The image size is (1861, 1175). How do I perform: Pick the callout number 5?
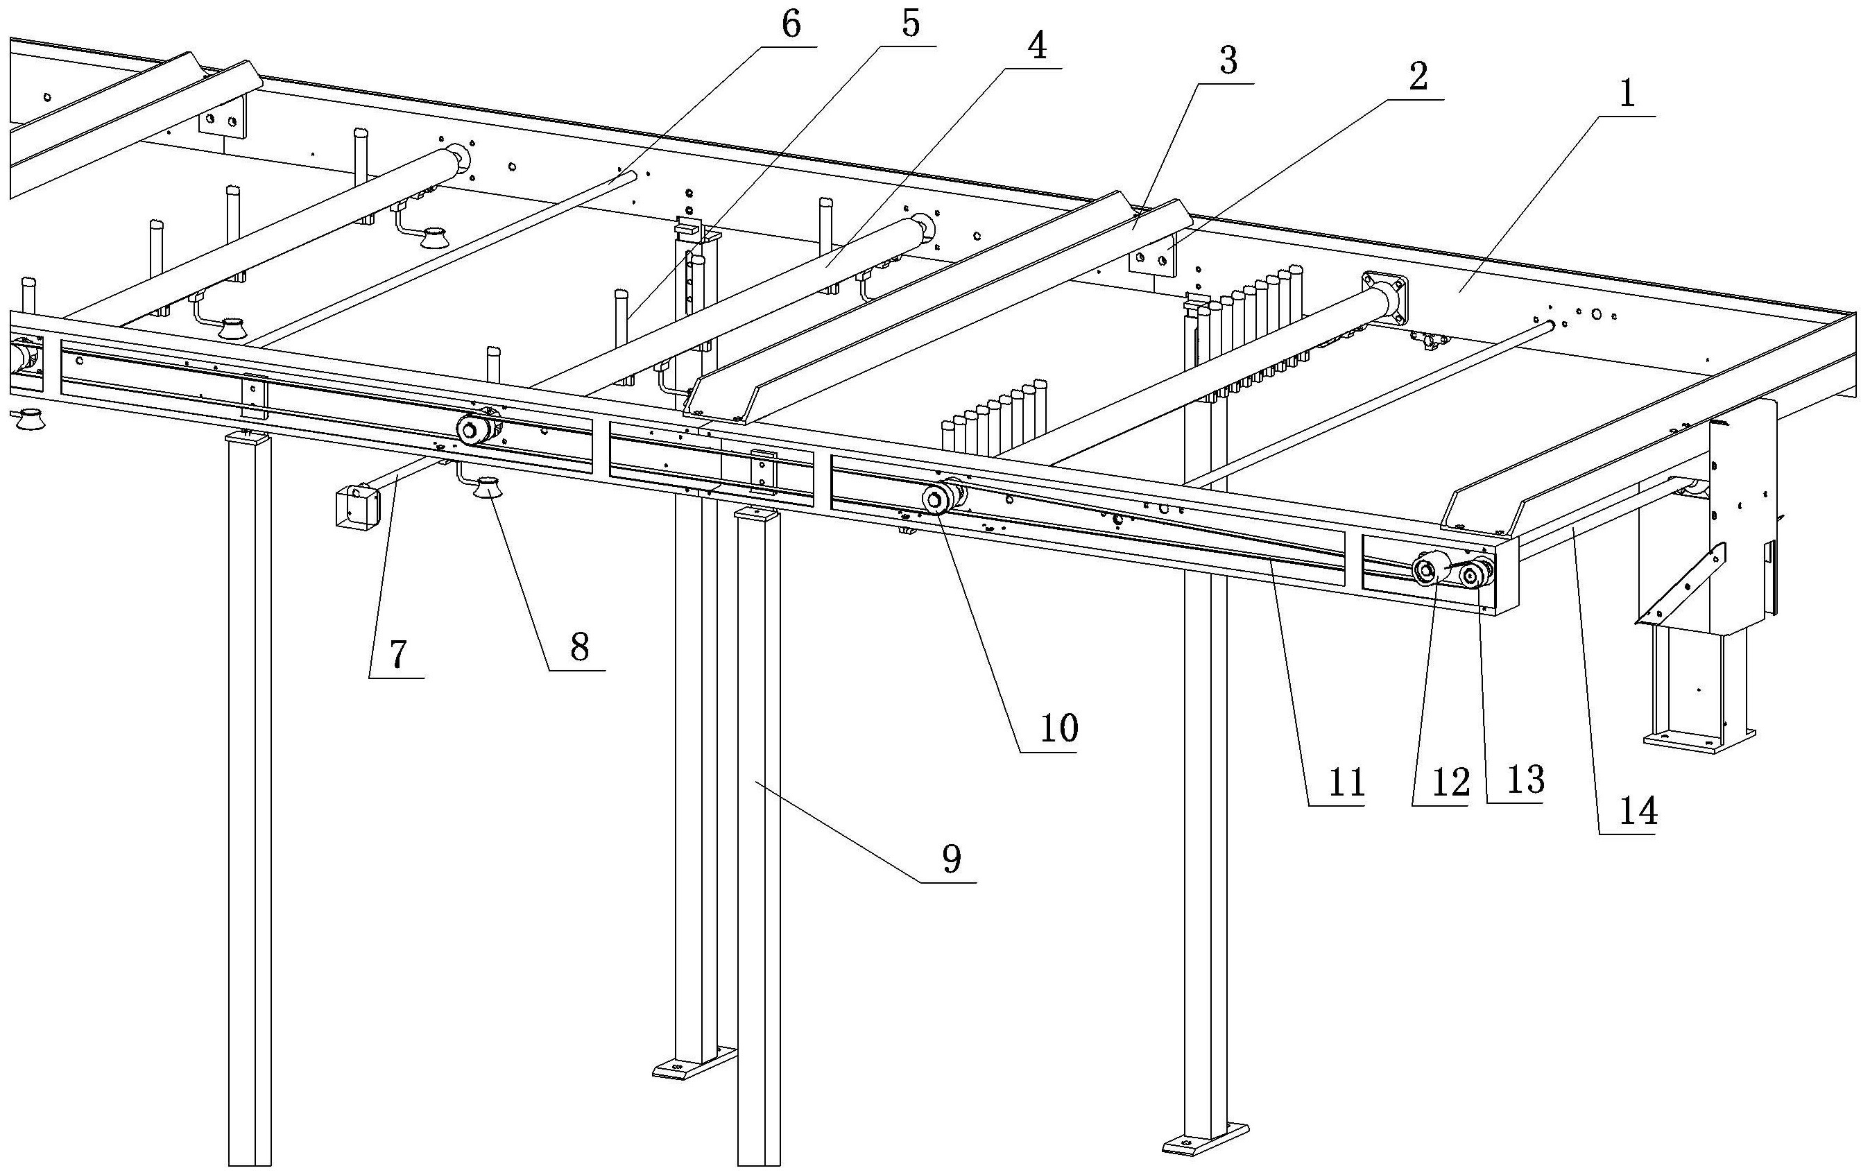[911, 26]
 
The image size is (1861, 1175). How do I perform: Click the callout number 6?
[791, 25]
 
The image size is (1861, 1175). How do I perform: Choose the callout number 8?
[580, 648]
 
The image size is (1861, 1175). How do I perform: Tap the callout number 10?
[1058, 728]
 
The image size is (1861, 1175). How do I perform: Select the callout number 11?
[1346, 783]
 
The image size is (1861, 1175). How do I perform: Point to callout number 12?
[1450, 783]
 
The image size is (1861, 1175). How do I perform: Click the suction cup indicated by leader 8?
[488, 489]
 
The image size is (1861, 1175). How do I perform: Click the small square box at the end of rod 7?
[357, 506]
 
